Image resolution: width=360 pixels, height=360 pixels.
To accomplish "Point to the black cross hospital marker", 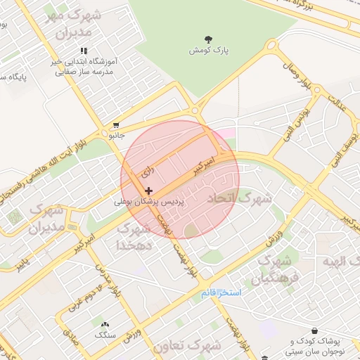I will [148, 191].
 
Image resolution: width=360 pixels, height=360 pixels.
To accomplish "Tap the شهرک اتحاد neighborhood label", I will [239, 200].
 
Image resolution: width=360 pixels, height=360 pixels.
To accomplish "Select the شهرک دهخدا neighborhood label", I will [134, 237].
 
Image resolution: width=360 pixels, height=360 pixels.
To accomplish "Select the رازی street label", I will [147, 171].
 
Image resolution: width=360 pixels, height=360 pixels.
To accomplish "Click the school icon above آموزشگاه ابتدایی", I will [84, 51].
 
